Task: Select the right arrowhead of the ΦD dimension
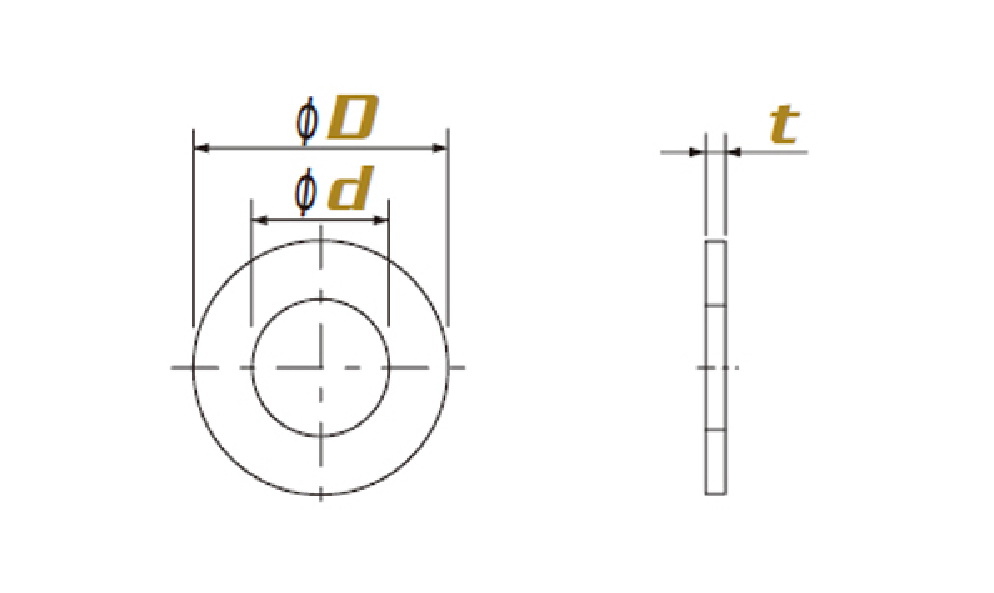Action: (440, 149)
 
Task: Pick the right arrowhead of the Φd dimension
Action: (381, 220)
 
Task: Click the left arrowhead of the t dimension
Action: (697, 152)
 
